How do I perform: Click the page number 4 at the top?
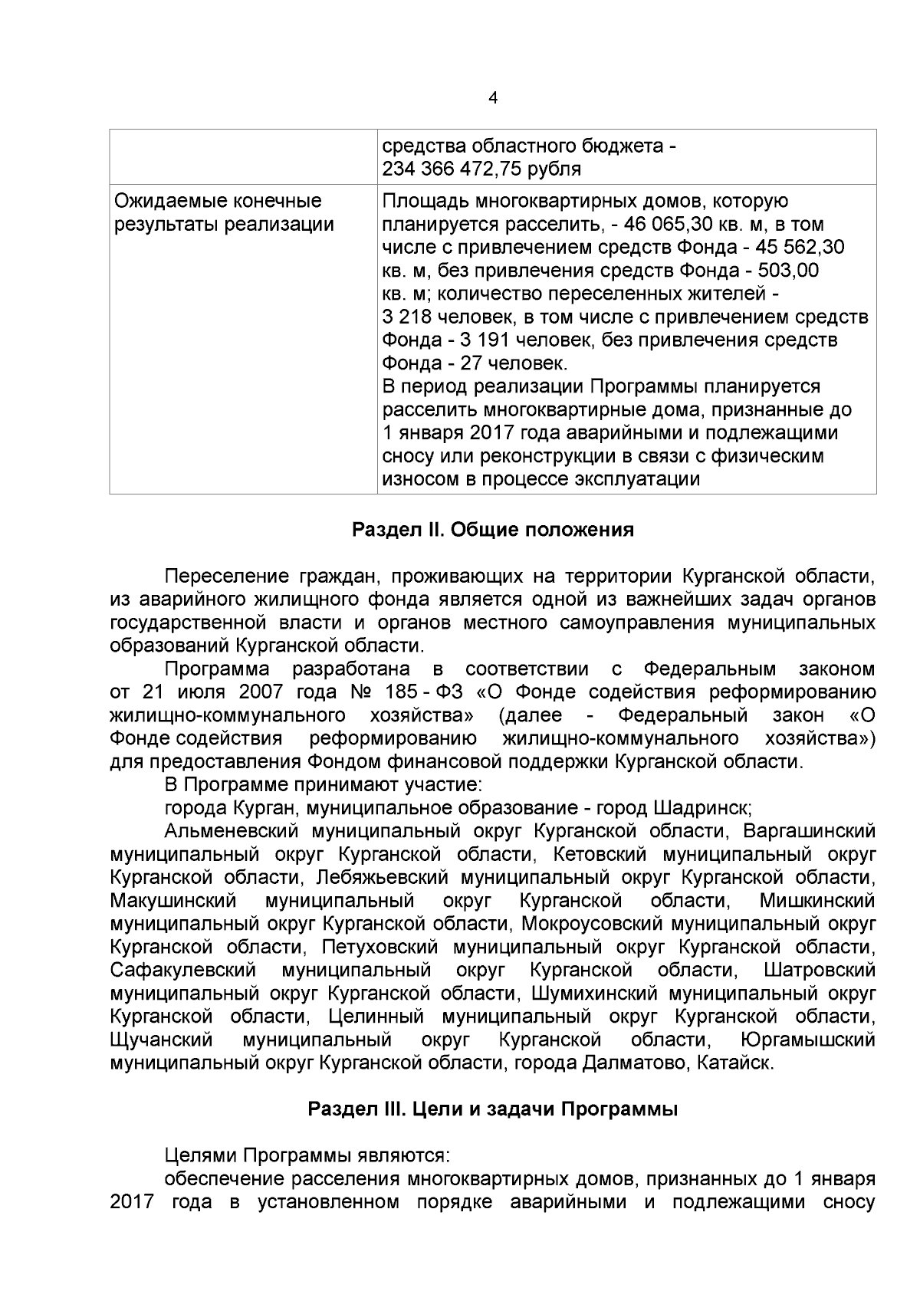(x=492, y=98)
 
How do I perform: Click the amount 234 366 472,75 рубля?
(x=481, y=169)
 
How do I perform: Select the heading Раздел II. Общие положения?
(x=492, y=530)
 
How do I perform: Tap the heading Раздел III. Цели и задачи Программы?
(x=492, y=1109)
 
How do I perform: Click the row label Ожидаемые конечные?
(x=218, y=202)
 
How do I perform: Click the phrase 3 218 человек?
(x=435, y=317)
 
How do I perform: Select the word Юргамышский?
(x=809, y=1040)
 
